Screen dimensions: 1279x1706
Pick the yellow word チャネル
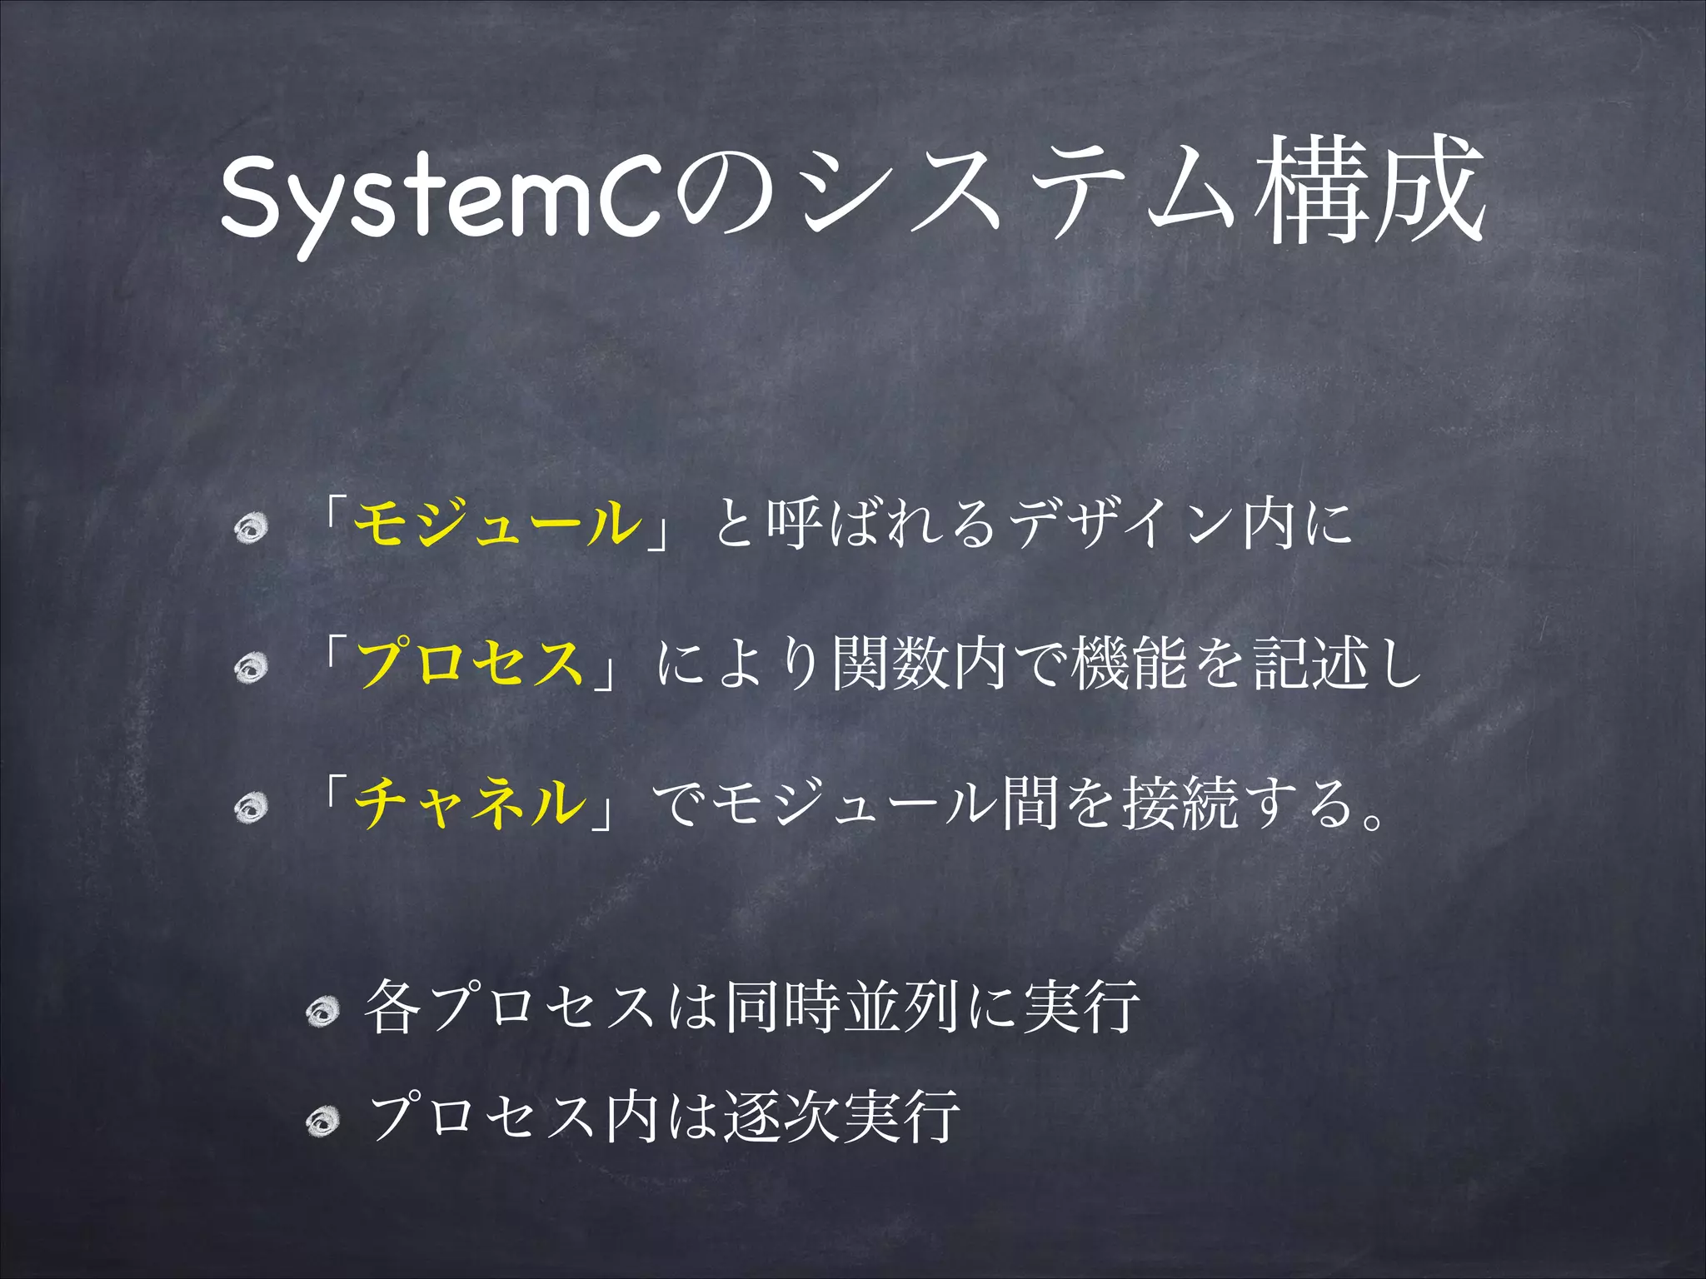470,803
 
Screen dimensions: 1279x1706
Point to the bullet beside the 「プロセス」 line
250,667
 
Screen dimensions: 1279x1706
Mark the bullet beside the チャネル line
250,806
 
